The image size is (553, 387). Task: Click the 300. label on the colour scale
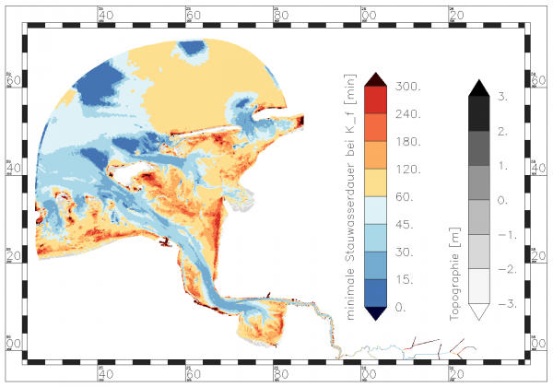click(x=406, y=87)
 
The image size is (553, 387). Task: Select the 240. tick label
click(x=406, y=114)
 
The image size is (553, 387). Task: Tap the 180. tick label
click(x=406, y=142)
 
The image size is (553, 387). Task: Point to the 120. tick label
click(x=406, y=170)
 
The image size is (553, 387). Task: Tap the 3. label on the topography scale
click(x=504, y=95)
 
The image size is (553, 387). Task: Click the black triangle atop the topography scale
click(x=477, y=87)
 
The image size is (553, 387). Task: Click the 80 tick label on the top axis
click(x=280, y=16)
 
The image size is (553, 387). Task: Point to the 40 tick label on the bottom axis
click(x=105, y=374)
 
